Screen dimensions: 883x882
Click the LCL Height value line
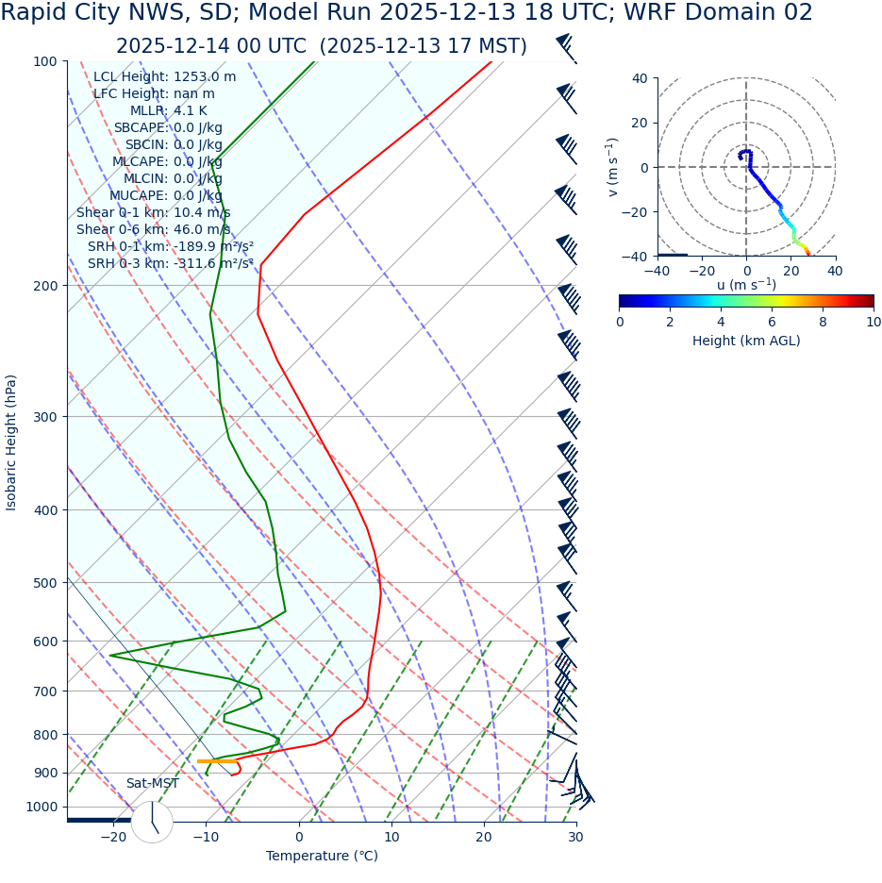(x=164, y=76)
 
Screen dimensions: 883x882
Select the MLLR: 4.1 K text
(x=168, y=110)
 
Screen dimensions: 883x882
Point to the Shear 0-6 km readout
(x=153, y=229)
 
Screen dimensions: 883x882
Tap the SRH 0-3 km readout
(x=170, y=263)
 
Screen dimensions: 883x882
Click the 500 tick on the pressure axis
(x=44, y=583)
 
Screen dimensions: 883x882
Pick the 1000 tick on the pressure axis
(x=41, y=807)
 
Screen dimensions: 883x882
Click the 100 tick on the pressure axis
(x=44, y=61)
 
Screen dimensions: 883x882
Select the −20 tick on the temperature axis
(x=113, y=837)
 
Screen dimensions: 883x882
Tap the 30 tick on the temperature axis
(x=575, y=837)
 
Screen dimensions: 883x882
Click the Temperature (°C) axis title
(x=322, y=856)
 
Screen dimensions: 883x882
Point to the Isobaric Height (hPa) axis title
(x=11, y=442)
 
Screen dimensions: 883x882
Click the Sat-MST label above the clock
(x=152, y=784)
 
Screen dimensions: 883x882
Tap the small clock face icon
(x=152, y=822)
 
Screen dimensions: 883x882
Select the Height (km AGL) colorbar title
(x=746, y=341)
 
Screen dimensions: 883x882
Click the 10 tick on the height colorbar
(x=874, y=322)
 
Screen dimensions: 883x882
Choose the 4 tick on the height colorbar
(x=721, y=322)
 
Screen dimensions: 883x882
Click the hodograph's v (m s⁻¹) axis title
(x=613, y=167)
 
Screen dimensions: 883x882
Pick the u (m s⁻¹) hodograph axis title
(x=746, y=285)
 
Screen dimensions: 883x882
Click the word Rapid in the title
(x=36, y=13)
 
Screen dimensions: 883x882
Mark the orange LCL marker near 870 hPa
(x=217, y=760)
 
